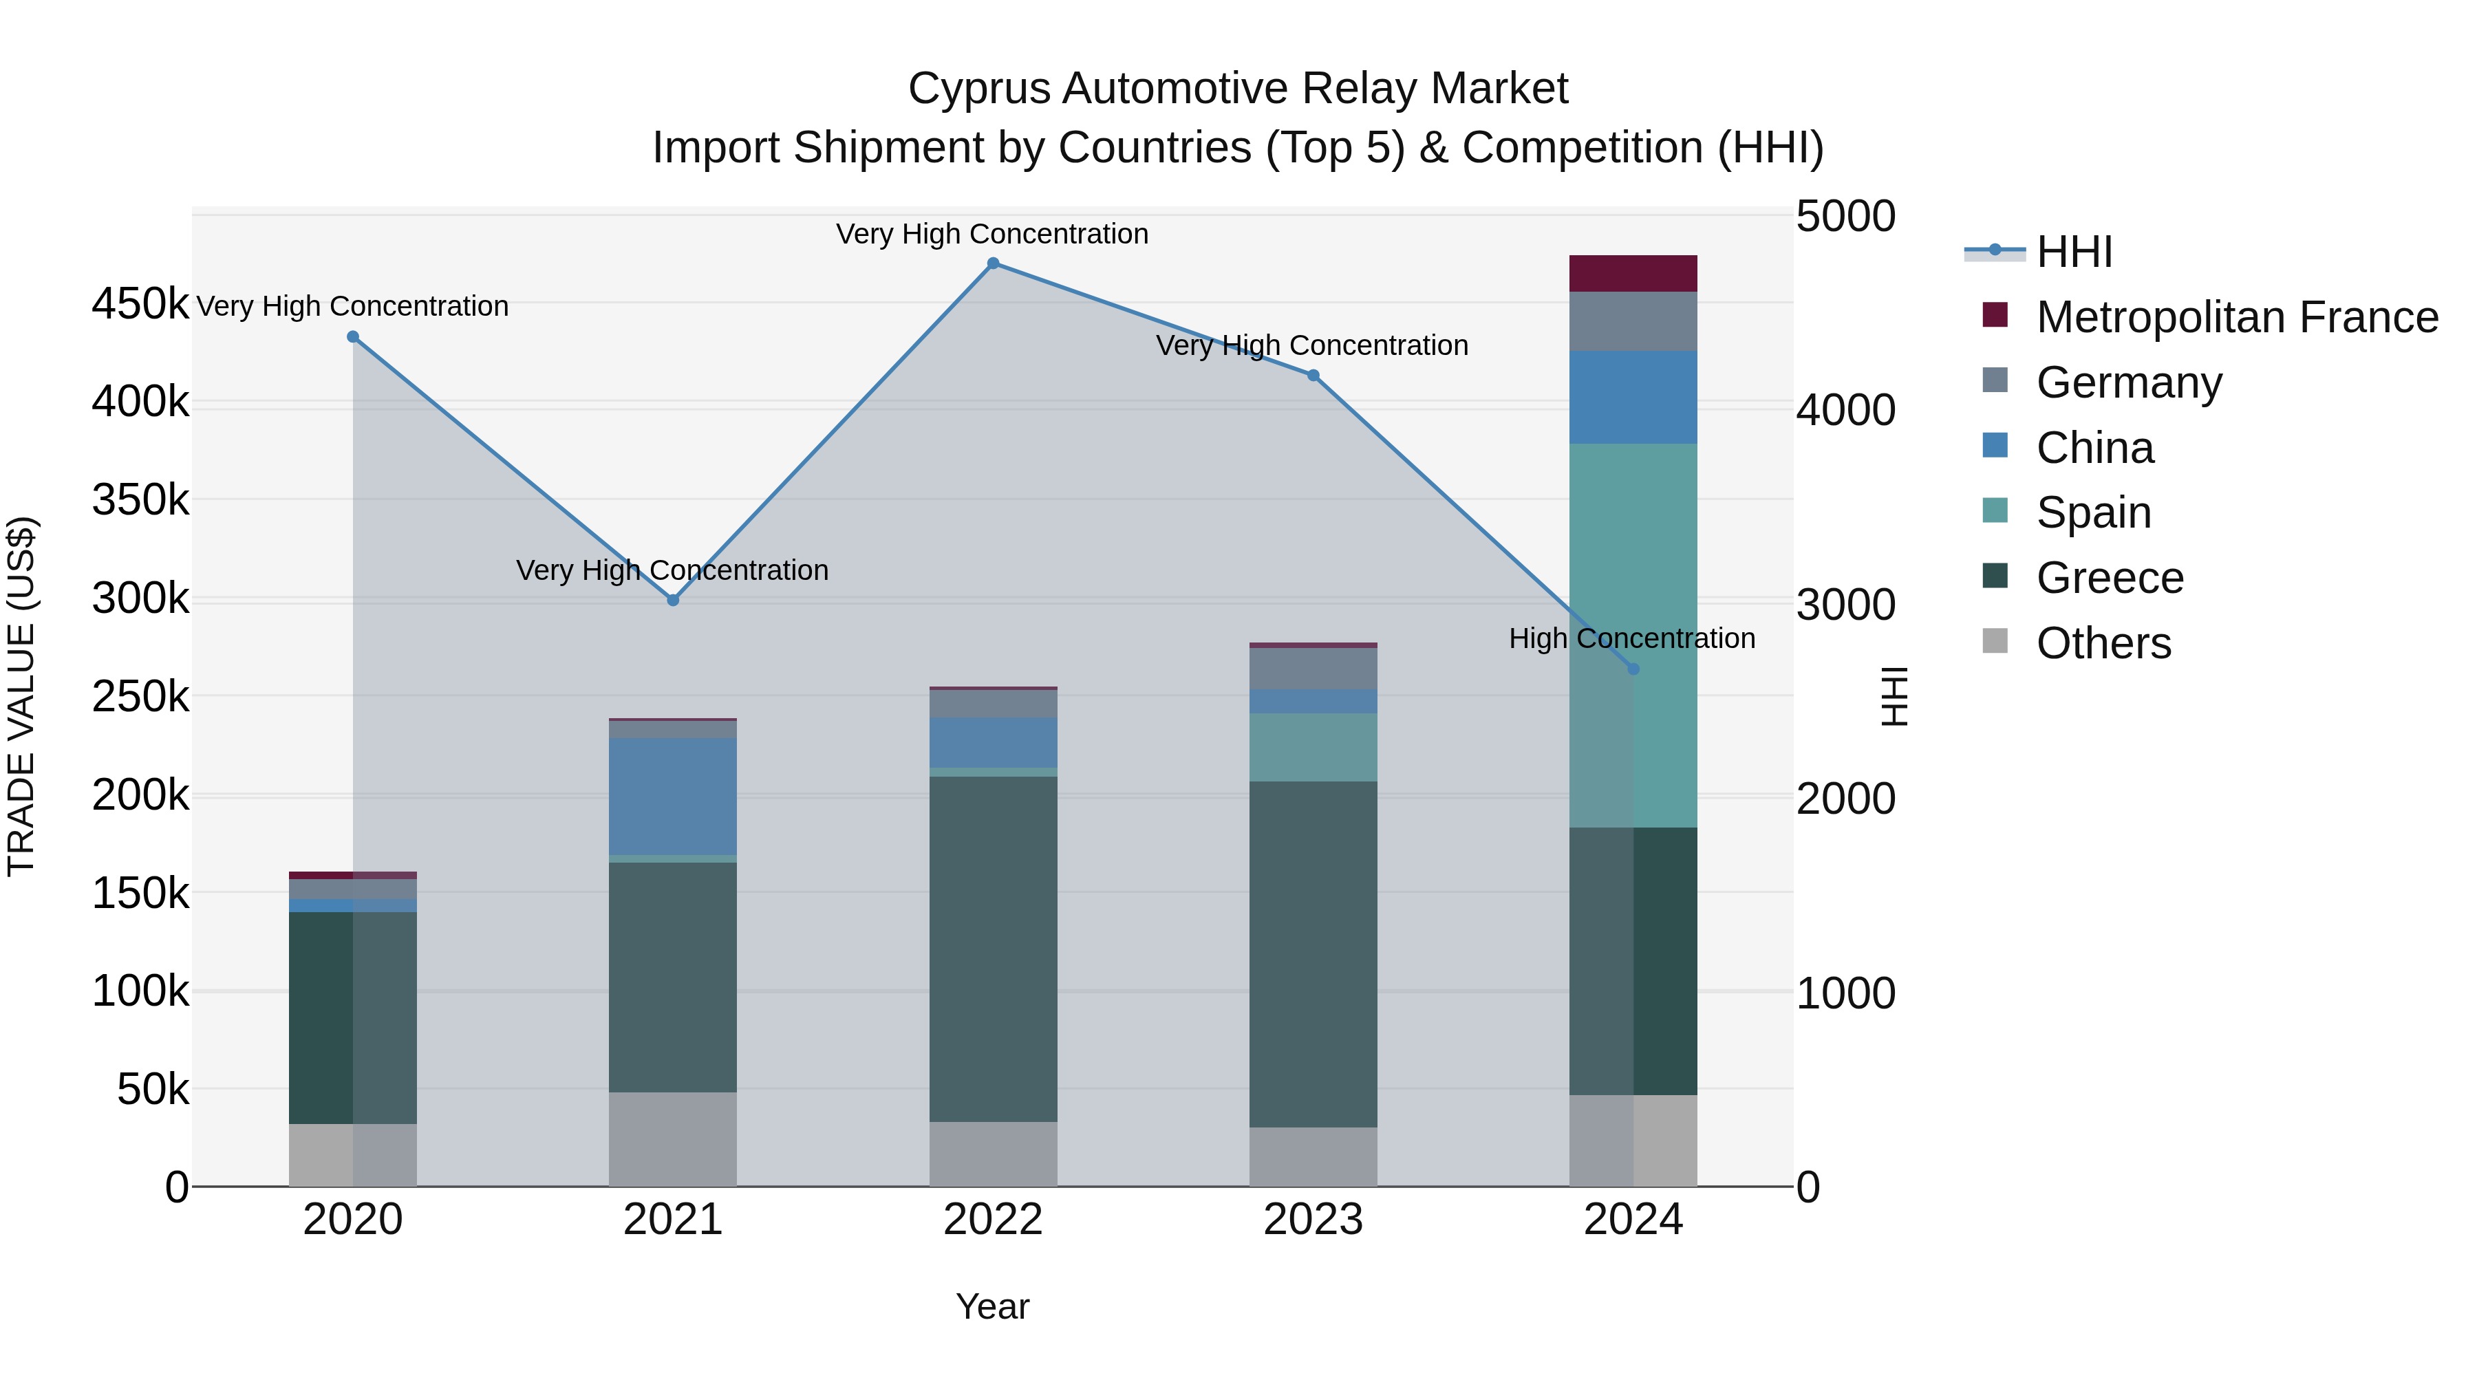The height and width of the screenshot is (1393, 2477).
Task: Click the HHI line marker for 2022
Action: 994,263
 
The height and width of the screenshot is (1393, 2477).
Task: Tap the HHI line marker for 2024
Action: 1633,669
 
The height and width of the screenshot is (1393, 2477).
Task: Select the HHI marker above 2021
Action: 673,600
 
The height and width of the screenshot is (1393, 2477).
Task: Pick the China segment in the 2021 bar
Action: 673,796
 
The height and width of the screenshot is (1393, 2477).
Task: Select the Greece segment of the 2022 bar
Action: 994,948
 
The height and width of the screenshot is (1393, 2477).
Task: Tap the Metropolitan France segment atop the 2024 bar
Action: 1633,273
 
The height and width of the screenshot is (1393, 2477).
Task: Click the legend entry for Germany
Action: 2128,382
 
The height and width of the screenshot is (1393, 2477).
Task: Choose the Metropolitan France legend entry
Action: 2237,317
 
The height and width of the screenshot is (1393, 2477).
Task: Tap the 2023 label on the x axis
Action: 1313,1220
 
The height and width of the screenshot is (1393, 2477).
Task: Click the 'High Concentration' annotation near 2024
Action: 1632,638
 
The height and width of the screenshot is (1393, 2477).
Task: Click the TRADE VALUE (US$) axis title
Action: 21,696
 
